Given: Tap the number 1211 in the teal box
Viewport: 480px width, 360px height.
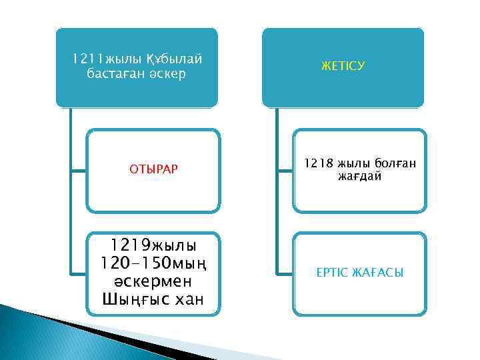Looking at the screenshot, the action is point(85,60).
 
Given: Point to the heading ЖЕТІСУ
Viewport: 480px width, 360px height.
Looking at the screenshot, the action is point(343,67).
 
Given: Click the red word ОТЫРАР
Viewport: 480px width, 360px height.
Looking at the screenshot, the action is point(153,169).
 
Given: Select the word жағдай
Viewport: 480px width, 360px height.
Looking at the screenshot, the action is point(359,176).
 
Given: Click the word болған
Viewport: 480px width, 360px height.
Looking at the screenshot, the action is point(393,162).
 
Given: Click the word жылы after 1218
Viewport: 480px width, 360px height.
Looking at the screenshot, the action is point(353,162).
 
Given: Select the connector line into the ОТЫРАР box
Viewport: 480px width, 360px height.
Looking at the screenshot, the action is point(77,169).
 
